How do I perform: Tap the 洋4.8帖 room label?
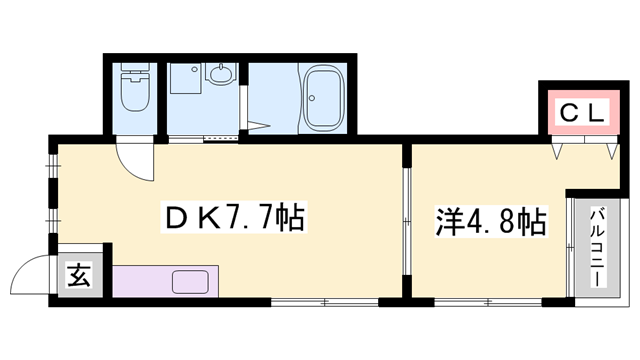coord(490,220)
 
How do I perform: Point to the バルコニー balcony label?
coord(596,246)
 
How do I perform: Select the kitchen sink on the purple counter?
coord(189,280)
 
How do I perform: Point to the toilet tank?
coord(132,73)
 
